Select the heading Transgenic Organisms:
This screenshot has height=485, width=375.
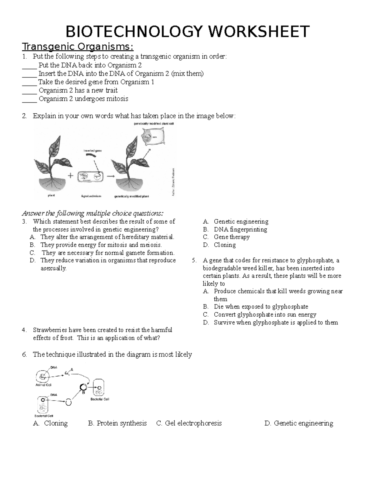[77, 47]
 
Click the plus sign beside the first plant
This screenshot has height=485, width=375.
[70, 176]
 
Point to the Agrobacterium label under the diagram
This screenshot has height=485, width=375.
[91, 196]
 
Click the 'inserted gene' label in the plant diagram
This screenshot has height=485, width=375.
[92, 151]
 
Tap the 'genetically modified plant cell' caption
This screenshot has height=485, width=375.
[153, 124]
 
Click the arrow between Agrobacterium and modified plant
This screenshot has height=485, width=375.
[110, 176]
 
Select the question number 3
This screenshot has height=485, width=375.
[24, 222]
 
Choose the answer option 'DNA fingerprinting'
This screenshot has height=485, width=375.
[240, 230]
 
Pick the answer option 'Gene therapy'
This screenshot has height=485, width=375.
[232, 237]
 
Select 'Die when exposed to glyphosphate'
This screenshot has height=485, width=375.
[261, 307]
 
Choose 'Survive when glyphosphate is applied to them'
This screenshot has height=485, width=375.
[276, 322]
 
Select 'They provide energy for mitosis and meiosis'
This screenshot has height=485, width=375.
[101, 245]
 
